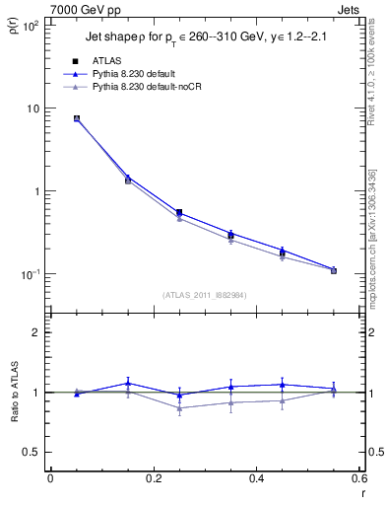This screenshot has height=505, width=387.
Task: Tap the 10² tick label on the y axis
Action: point(31,25)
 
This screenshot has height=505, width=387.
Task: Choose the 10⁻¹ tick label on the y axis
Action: point(30,274)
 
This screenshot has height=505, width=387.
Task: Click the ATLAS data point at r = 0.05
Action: point(76,118)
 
